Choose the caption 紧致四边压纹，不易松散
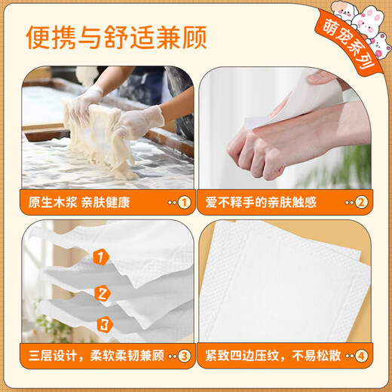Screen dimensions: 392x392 point(272,356)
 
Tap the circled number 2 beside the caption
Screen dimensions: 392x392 point(360,202)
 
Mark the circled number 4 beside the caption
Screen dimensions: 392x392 point(360,356)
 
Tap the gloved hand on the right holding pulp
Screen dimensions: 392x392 point(139,121)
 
